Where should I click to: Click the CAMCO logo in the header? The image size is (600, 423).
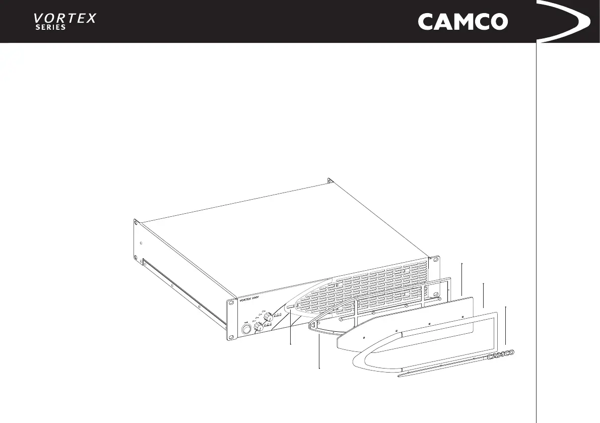pyautogui.click(x=462, y=22)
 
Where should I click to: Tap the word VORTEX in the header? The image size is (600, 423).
pyautogui.click(x=64, y=19)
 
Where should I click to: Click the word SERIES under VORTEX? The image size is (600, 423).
pyautogui.click(x=50, y=28)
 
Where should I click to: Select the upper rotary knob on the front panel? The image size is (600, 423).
pyautogui.click(x=268, y=316)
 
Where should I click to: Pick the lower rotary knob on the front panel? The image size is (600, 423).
pyautogui.click(x=258, y=327)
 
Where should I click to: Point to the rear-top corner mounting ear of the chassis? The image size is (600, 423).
pyautogui.click(x=330, y=180)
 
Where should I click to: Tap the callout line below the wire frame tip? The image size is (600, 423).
pyautogui.click(x=320, y=353)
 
